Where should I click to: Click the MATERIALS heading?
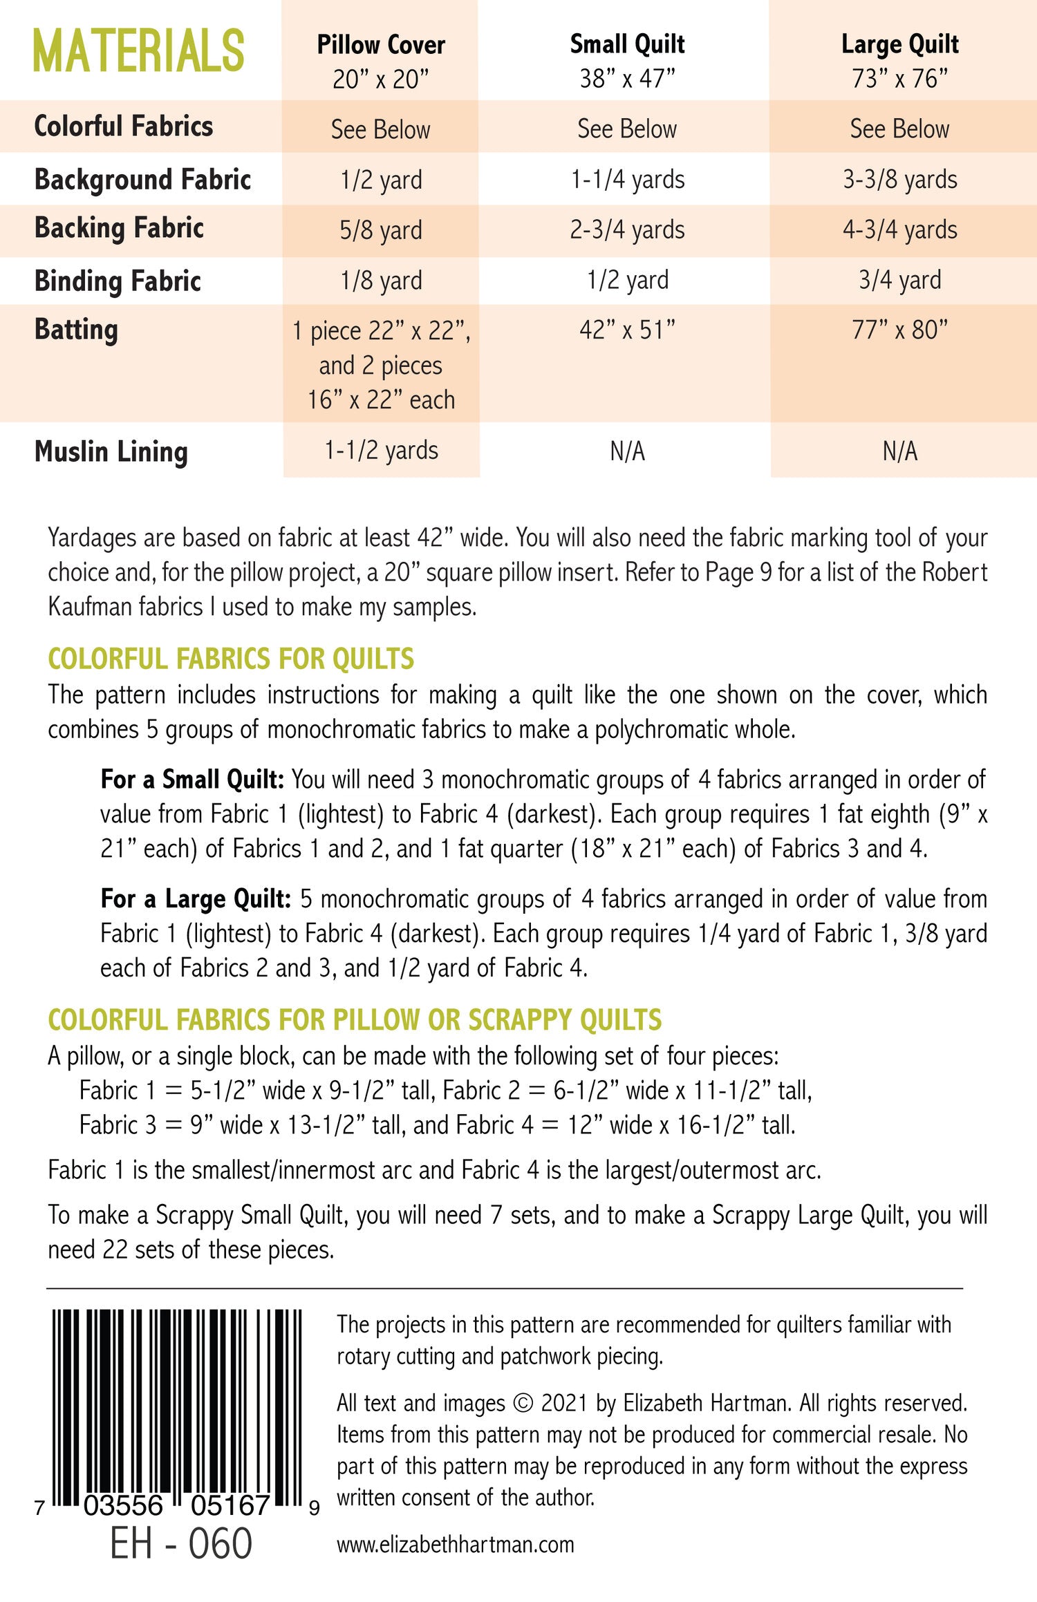pos(138,51)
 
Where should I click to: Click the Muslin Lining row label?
pos(111,452)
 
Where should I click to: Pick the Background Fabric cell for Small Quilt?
pos(627,180)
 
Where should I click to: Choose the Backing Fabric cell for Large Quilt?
pos(899,230)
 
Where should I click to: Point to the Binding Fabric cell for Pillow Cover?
pos(381,281)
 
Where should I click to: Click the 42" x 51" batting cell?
pos(627,330)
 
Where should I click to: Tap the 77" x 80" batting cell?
pos(899,330)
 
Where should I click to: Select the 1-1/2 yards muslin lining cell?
pos(381,451)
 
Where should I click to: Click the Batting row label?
pos(76,330)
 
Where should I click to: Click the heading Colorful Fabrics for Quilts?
pos(231,659)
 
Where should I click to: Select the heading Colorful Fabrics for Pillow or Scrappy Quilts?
pos(355,1020)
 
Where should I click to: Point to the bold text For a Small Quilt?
pos(192,780)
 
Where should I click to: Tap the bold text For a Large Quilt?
pos(196,899)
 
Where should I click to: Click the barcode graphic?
pos(177,1410)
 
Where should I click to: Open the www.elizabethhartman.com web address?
pos(456,1545)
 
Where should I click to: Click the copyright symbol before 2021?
pos(524,1404)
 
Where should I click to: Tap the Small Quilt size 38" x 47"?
pos(627,79)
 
